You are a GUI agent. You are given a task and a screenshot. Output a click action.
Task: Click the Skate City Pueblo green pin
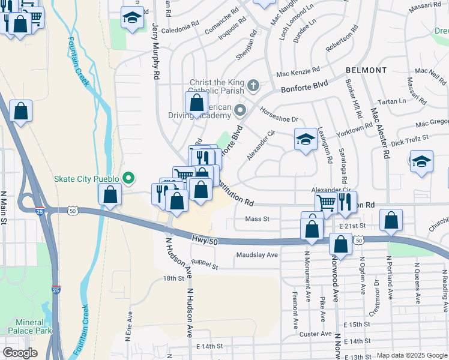(128, 178)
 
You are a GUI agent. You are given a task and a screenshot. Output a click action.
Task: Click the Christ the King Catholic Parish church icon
(253, 86)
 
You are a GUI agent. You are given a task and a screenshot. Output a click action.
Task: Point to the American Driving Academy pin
(240, 110)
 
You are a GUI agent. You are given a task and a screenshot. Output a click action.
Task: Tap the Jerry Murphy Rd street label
(156, 52)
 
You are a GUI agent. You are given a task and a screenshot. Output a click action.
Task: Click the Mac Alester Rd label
(380, 133)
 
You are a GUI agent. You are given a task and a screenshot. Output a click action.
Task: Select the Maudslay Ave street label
(257, 255)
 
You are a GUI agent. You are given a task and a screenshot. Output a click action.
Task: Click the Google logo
(20, 353)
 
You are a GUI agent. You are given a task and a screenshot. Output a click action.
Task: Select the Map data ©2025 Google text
(411, 355)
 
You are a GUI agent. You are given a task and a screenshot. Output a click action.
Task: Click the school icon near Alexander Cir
(306, 140)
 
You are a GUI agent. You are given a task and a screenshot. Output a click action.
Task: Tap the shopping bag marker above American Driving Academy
(196, 103)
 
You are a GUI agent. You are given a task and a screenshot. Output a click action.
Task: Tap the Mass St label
(257, 219)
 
